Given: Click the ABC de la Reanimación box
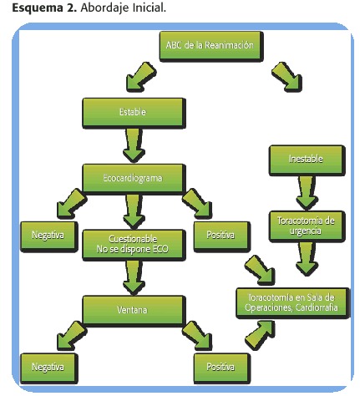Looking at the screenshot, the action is click(x=211, y=46).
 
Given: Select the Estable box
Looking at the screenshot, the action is click(x=134, y=113).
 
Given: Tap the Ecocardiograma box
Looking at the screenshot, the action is click(x=134, y=179).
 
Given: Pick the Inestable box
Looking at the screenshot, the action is click(x=307, y=160).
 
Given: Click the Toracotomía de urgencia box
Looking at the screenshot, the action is click(x=307, y=226).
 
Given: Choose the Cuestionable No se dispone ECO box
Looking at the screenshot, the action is click(x=134, y=245).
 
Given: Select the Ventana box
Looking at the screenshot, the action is click(x=134, y=311).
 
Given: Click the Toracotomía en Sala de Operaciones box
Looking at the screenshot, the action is click(x=292, y=303).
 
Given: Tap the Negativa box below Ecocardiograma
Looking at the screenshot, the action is click(x=49, y=236).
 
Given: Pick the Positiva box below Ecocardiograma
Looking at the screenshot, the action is click(x=221, y=236).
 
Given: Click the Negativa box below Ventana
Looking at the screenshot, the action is click(x=49, y=368).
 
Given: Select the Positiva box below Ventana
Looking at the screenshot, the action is click(x=221, y=368).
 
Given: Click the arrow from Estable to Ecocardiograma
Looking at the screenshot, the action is click(x=134, y=145).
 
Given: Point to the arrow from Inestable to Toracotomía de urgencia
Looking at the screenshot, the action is click(x=307, y=193).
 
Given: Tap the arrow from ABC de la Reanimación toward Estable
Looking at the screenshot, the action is click(x=140, y=78).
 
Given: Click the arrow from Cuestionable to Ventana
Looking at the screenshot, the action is click(x=134, y=277).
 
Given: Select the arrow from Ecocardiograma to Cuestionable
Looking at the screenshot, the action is click(x=134, y=211).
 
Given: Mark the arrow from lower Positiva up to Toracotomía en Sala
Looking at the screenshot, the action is click(x=260, y=335).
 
